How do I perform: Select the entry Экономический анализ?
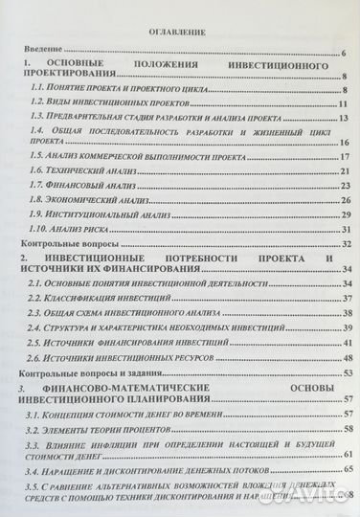coord(101,199)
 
